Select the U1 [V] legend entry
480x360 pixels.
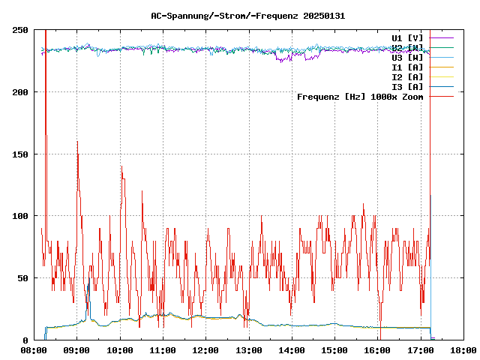coord(407,37)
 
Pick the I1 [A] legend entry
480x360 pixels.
coord(407,67)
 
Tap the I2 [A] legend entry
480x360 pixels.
coord(407,76)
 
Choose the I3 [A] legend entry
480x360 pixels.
coord(407,86)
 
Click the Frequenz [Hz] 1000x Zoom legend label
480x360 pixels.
coord(360,96)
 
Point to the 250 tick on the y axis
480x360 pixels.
coord(20,30)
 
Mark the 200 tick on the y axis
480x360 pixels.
coord(20,92)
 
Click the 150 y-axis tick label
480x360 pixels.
coord(20,154)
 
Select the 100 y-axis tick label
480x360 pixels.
coord(20,216)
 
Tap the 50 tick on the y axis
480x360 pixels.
coord(22,278)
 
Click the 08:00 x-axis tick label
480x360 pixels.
coord(34,349)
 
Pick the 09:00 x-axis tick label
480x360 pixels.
coord(77,349)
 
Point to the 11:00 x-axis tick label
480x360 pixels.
coord(163,349)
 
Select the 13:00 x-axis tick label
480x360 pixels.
coord(249,349)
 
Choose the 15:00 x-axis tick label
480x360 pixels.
coord(334,349)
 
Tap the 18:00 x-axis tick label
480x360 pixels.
coord(463,349)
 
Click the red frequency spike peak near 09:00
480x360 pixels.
coord(77,142)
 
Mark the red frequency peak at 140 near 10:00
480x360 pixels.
coord(121,166)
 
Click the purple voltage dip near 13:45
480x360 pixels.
coord(282,61)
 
